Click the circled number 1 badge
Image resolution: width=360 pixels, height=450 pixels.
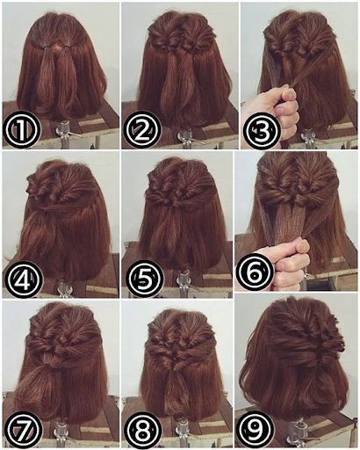pyautogui.click(x=20, y=130)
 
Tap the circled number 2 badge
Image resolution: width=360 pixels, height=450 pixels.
pyautogui.click(x=142, y=130)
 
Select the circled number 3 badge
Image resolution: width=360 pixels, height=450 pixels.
pyautogui.click(x=262, y=130)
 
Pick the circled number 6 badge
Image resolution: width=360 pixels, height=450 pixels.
pyautogui.click(x=254, y=272)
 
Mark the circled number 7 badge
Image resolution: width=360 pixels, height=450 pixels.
pyautogui.click(x=24, y=428)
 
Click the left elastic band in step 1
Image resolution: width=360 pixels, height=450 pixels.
pyautogui.click(x=45, y=47)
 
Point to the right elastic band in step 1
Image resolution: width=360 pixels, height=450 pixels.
pyautogui.click(x=68, y=47)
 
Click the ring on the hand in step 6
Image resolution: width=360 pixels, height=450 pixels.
pyautogui.click(x=306, y=275)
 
